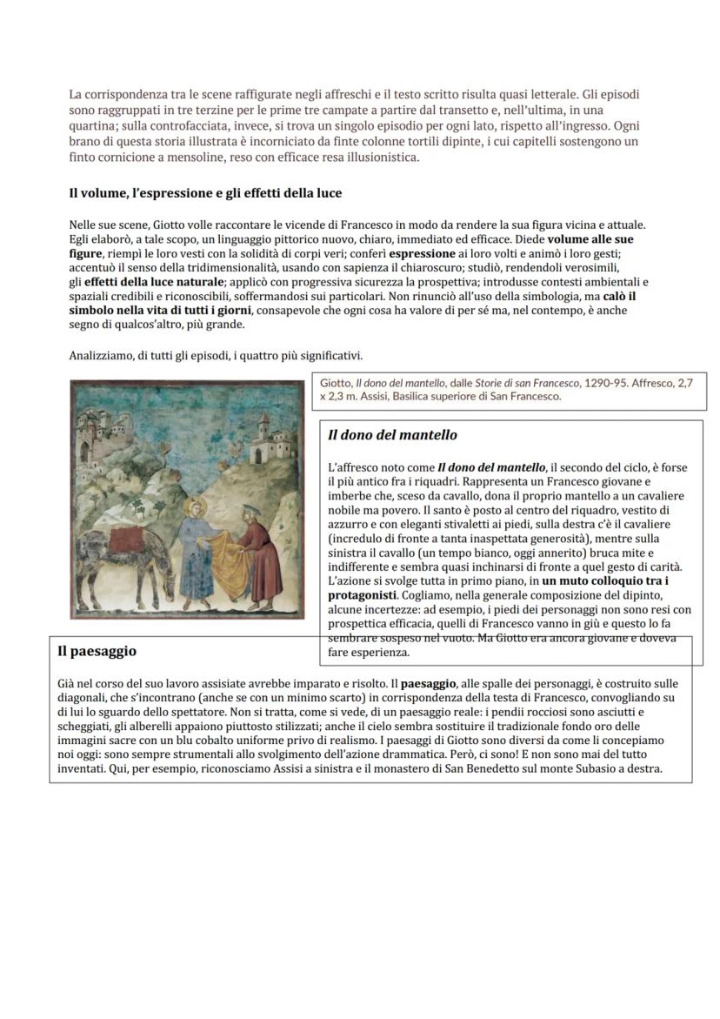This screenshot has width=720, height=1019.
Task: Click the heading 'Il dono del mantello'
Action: coord(393,435)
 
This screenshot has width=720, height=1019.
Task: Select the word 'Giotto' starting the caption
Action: coord(336,383)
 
